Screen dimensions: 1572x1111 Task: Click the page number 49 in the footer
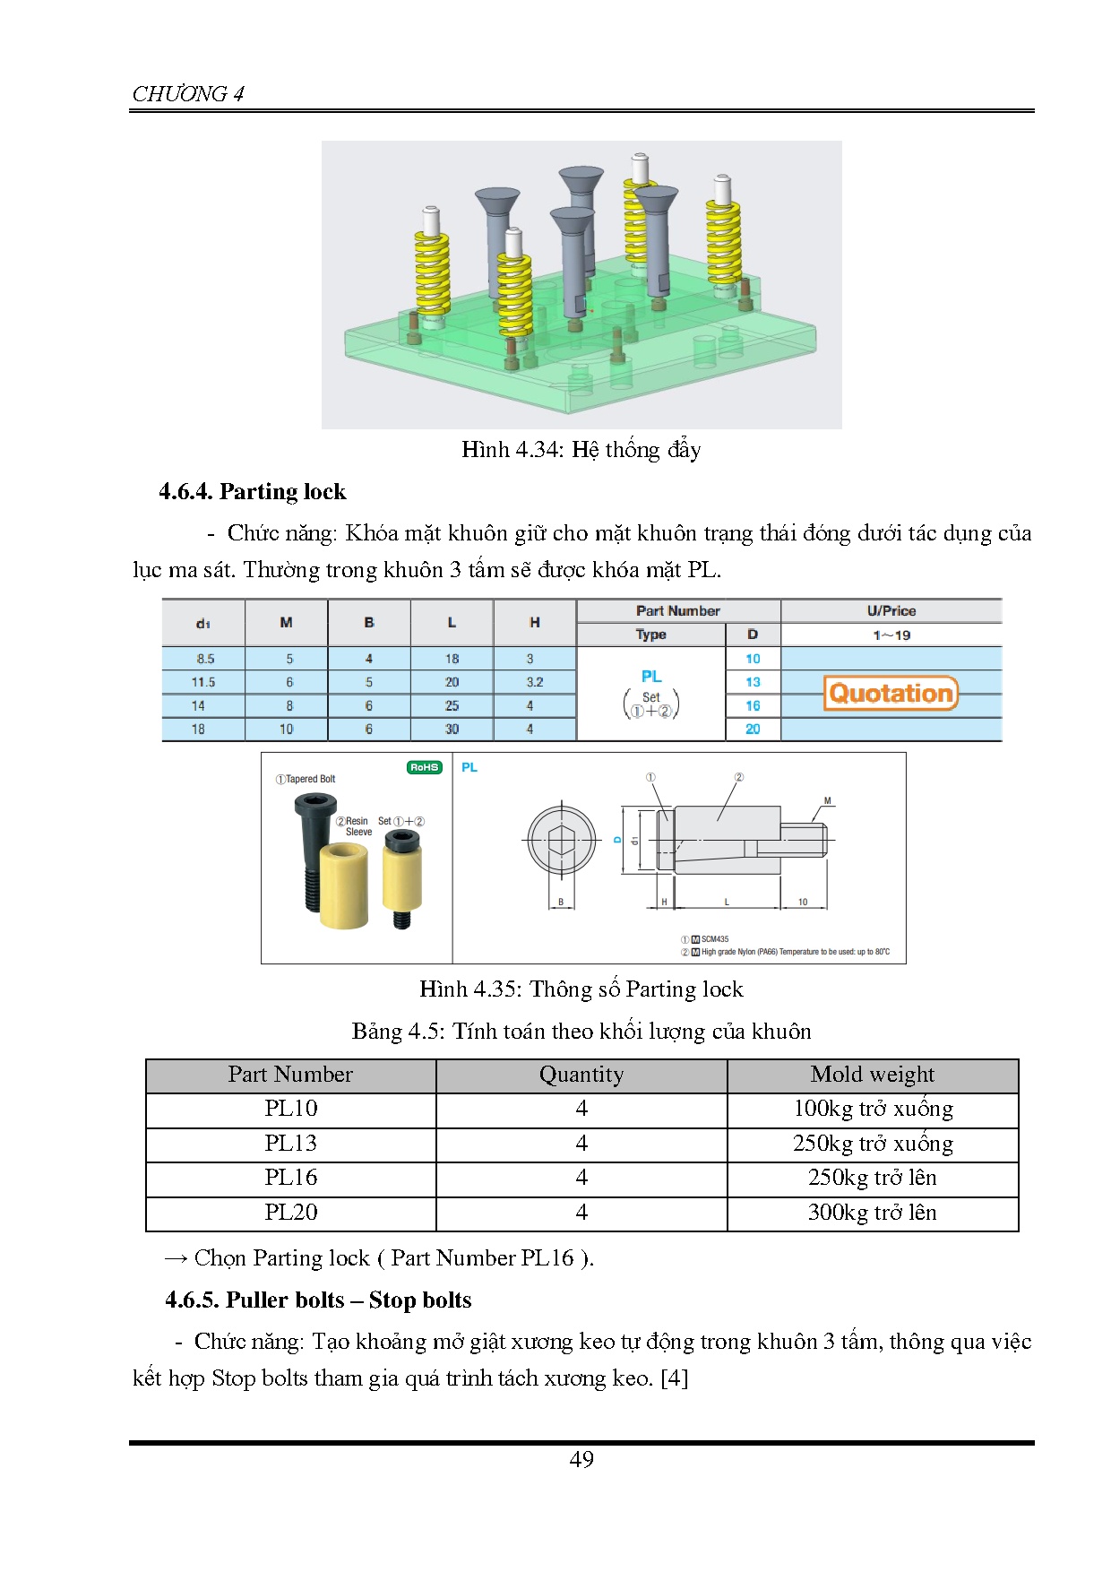(x=581, y=1459)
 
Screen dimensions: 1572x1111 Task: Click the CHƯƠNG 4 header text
(x=188, y=93)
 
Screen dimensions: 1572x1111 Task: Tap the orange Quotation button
(x=891, y=693)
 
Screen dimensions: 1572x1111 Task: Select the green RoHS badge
(x=425, y=767)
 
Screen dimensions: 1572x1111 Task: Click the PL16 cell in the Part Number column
(x=290, y=1178)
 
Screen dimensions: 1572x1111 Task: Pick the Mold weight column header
(x=872, y=1075)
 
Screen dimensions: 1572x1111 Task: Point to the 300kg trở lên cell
(x=872, y=1213)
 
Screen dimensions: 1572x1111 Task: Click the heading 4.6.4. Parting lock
(x=252, y=491)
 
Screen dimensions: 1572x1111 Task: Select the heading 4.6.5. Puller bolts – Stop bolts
(x=318, y=1300)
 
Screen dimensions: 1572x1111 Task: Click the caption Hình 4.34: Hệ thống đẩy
(x=581, y=449)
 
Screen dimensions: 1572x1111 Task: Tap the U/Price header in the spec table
(x=891, y=611)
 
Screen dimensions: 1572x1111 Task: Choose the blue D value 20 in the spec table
(x=753, y=729)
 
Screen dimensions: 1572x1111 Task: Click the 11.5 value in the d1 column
(x=203, y=682)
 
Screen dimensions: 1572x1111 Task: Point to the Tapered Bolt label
(x=306, y=779)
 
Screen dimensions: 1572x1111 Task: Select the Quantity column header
(x=581, y=1075)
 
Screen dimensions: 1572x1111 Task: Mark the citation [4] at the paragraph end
(x=674, y=1378)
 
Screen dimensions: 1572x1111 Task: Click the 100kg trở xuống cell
(x=872, y=1109)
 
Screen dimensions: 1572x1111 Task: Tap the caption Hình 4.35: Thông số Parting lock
(x=581, y=989)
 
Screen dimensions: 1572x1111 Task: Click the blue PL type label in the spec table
(x=651, y=677)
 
